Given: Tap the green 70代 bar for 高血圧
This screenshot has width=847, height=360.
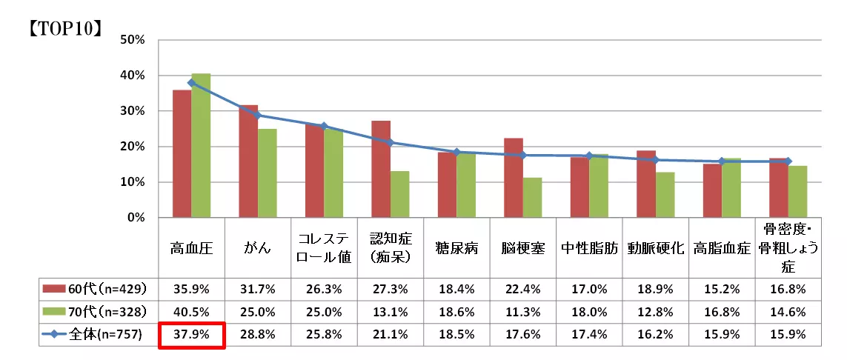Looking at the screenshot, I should [201, 145].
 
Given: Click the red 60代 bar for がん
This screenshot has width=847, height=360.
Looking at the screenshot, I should [249, 161].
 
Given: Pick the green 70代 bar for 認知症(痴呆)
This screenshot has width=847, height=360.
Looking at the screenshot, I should [400, 194].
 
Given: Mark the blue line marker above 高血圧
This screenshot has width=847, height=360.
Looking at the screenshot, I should [192, 83].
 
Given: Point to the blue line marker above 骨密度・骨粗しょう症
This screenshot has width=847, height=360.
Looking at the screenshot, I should [788, 161].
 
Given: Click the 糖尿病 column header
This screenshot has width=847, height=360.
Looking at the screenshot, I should [457, 248].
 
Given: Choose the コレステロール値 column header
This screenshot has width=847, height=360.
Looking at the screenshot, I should [324, 248].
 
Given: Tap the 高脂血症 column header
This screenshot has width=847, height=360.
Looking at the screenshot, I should [722, 248].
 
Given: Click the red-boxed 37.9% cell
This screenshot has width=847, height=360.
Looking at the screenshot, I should [193, 334].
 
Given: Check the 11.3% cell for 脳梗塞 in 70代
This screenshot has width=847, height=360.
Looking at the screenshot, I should [523, 311].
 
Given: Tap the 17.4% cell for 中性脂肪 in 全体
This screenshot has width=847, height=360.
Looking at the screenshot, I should [589, 334].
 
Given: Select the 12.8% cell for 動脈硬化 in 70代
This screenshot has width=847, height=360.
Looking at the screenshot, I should [656, 311].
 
